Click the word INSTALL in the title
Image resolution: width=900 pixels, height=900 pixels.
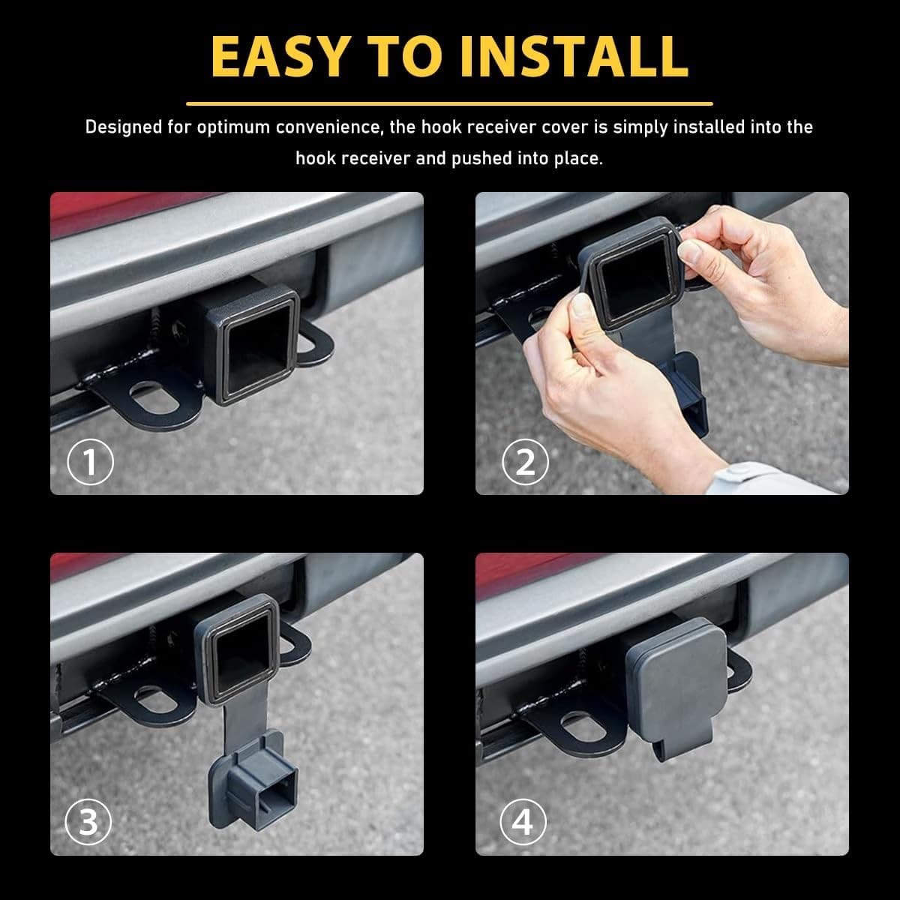(573, 55)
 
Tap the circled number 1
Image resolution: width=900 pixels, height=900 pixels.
(90, 463)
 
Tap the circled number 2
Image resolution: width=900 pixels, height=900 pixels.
(525, 463)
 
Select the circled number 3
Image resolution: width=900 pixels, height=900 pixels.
(88, 822)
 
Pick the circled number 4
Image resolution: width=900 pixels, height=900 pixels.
(523, 822)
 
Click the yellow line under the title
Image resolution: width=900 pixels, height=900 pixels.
(449, 103)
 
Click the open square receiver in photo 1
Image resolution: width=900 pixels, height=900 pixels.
(256, 346)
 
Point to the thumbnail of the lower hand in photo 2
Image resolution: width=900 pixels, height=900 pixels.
(579, 306)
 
